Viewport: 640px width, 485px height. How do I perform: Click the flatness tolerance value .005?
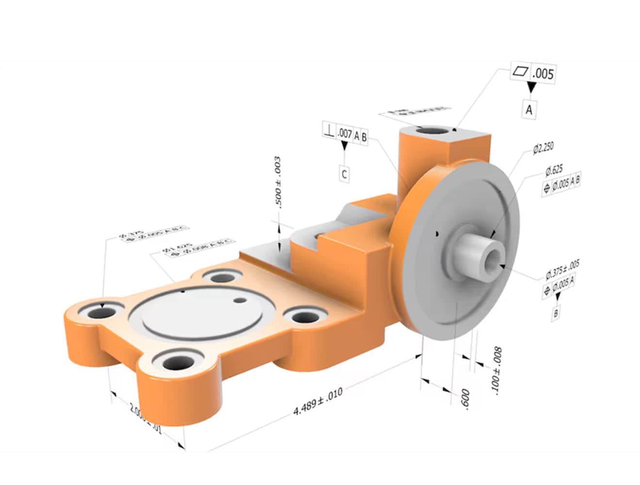coord(543,74)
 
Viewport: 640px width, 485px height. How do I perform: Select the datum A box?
coord(529,110)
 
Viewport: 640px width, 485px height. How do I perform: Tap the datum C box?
coord(344,174)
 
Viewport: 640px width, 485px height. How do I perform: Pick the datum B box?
coord(556,313)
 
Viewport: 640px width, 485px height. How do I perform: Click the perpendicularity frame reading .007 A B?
coord(345,134)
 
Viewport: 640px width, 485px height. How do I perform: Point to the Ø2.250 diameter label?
coord(543,148)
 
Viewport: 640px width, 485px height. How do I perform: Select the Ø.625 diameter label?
coord(554,171)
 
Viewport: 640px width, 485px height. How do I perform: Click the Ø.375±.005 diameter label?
coord(562,269)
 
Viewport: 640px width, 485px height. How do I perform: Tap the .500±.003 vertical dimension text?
coord(278,182)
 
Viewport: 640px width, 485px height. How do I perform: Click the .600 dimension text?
coord(465,399)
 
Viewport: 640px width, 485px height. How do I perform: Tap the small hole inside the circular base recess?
coord(239,300)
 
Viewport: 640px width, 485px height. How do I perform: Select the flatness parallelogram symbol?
coord(520,72)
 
